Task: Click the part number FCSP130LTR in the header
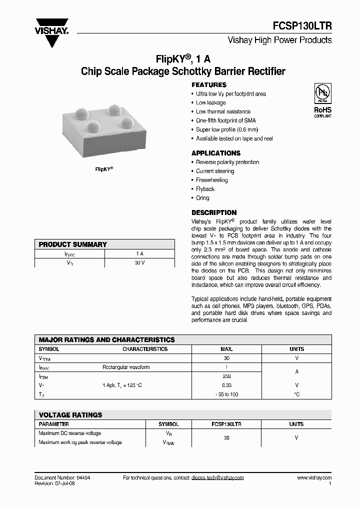point(303,26)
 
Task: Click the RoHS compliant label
point(322,111)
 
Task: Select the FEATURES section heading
point(209,85)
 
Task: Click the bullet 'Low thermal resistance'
point(223,112)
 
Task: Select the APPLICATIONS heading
point(216,153)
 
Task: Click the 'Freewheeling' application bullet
point(211,180)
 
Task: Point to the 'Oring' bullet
point(202,198)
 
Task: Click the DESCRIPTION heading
point(214,212)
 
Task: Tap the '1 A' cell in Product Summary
point(139,254)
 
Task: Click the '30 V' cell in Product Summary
point(139,263)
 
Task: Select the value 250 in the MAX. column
point(226,376)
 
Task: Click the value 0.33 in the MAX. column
point(226,385)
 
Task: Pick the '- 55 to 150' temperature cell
point(226,394)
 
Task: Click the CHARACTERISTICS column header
point(145,349)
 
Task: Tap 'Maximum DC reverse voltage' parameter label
point(70,433)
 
